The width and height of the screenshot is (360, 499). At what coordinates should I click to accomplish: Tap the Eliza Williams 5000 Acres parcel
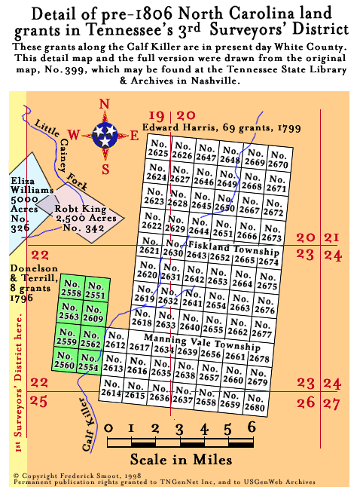pos(28,195)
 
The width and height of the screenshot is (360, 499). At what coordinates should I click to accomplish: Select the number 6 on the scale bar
pos(252,427)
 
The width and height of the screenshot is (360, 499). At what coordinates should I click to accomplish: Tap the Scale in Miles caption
pos(181,458)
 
